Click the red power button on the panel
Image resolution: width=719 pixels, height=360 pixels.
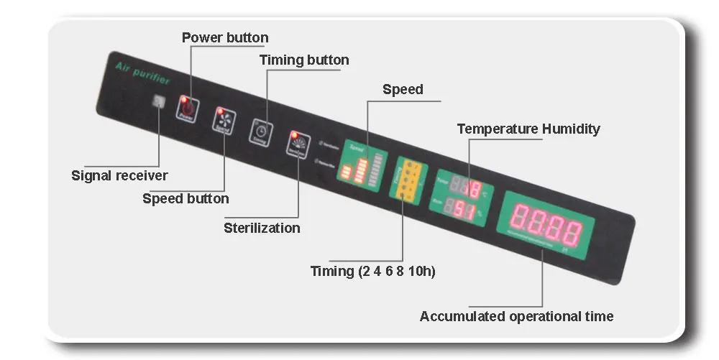point(186,109)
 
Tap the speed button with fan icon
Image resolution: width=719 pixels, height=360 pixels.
point(223,121)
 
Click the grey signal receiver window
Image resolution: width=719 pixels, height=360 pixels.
point(157,101)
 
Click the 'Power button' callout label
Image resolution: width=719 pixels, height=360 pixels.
point(225,37)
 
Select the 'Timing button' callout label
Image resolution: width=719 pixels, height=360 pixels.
point(304,60)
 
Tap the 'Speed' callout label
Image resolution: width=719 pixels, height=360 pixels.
point(403,90)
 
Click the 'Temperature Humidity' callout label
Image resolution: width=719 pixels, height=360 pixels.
point(528,129)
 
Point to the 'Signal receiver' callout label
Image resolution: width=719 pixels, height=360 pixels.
point(119,175)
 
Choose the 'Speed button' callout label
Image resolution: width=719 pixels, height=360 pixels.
point(186,198)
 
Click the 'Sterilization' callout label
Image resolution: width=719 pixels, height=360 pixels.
point(262,228)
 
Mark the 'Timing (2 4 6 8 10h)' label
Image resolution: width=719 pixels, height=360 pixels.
point(373,272)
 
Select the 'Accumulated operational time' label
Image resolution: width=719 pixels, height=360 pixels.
point(516,316)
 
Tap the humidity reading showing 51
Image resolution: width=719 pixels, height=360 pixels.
point(462,211)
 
